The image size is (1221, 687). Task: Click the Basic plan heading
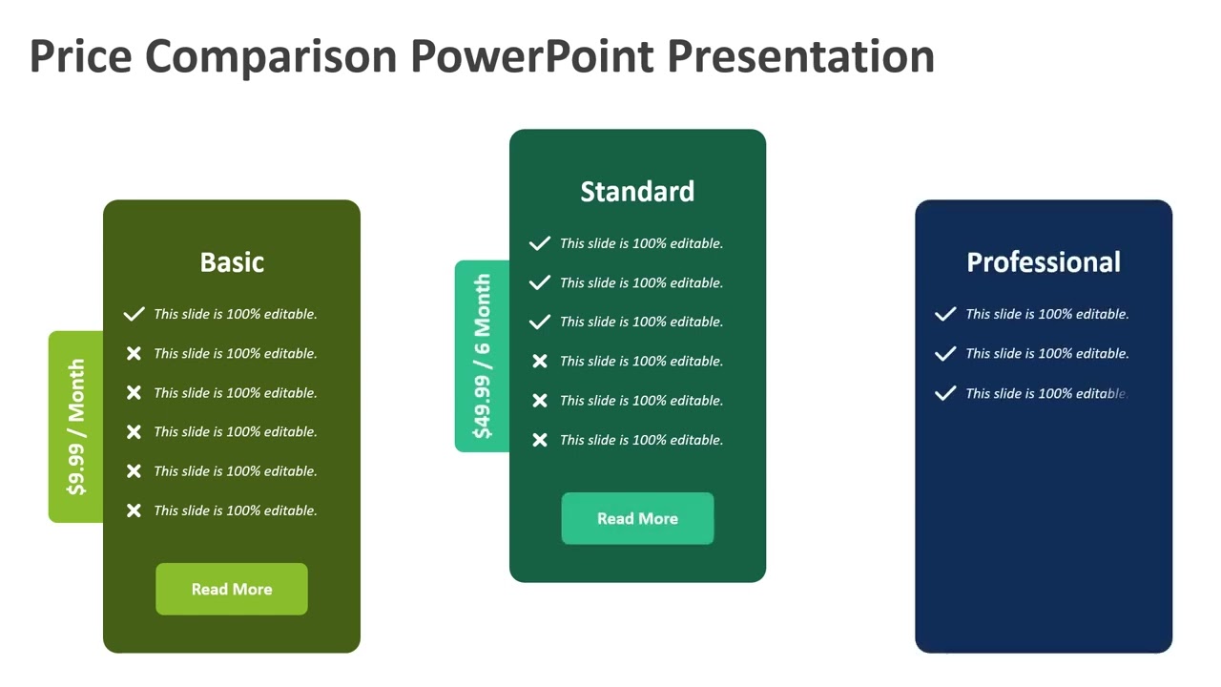pos(232,262)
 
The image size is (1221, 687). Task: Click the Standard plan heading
pos(637,192)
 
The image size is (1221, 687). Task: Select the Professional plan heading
pos(1044,262)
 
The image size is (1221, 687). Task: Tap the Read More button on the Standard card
pos(637,518)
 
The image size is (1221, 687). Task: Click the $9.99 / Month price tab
pos(76,427)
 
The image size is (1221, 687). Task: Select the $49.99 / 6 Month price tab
pos(483,356)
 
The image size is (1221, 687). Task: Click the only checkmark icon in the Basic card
pos(134,314)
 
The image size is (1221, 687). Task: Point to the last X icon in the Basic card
pos(134,510)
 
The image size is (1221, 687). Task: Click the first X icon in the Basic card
pos(134,353)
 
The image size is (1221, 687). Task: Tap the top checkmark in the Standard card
pos(540,243)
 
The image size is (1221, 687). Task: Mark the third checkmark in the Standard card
pos(540,322)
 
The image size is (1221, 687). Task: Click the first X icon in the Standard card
pos(540,361)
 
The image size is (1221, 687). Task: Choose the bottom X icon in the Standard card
pos(540,440)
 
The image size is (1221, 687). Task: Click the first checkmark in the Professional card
pos(945,314)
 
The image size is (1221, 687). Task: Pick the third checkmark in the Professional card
pos(945,393)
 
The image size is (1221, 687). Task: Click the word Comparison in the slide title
pos(270,56)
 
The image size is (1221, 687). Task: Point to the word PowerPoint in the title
pos(531,56)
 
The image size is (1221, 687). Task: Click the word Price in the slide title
pos(80,56)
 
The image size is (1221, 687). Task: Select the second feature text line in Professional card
pos(1046,353)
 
